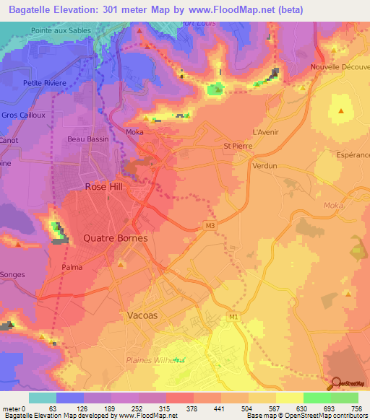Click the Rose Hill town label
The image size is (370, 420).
[106, 186]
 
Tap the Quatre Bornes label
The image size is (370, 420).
[116, 238]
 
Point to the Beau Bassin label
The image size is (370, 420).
[86, 139]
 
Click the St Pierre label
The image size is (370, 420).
[236, 146]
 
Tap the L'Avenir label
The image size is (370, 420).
[265, 132]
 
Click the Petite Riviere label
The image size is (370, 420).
[45, 83]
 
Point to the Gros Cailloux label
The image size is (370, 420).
[24, 115]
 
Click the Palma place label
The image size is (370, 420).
[72, 267]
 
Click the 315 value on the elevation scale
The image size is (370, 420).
[152, 408]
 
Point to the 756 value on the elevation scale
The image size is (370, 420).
[358, 408]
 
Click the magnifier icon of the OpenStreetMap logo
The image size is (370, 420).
[337, 384]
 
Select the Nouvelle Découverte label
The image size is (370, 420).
[339, 66]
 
